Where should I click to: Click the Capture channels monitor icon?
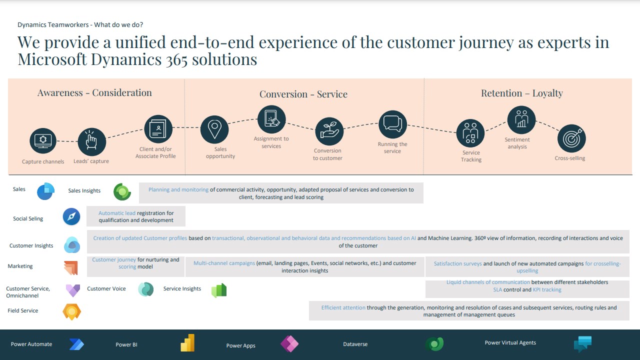[43, 141]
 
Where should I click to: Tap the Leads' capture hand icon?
[91, 141]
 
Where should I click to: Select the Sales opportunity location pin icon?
[214, 129]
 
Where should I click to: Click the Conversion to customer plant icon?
[329, 131]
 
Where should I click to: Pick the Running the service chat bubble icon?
[392, 124]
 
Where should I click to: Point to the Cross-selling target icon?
[571, 138]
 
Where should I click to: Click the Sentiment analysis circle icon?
[521, 119]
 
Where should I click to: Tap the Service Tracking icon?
[470, 133]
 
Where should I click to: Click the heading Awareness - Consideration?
[94, 93]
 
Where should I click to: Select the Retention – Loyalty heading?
[521, 93]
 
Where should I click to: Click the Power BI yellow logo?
[187, 343]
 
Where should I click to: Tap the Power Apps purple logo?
[289, 343]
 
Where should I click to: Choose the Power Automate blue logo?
[76, 344]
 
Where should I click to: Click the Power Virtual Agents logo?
[582, 343]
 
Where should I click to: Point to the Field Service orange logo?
[71, 311]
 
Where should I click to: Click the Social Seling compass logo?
[71, 217]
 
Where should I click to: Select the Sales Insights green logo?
[122, 191]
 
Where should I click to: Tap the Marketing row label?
[20, 266]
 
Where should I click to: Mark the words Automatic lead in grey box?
[117, 213]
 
